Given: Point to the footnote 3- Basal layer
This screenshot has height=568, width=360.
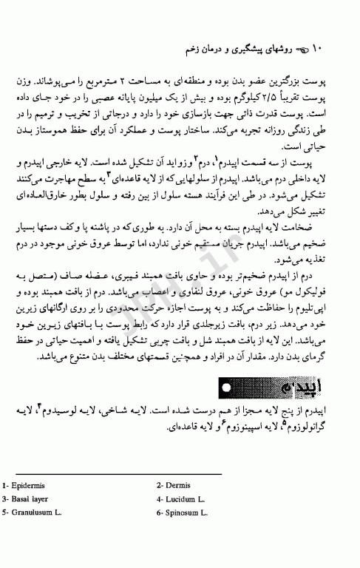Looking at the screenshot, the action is pos(28,498).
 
